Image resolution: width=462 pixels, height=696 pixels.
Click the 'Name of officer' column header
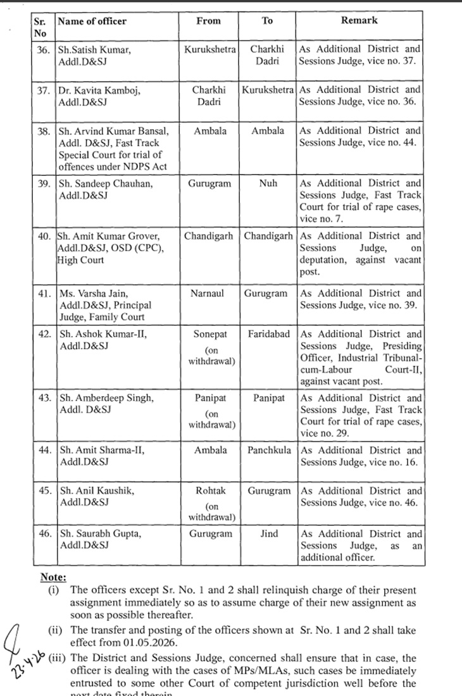point(92,21)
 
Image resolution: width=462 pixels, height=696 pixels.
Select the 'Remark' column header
point(359,20)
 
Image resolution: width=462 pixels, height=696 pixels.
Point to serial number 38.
point(44,131)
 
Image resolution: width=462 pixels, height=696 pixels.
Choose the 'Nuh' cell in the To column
point(268,183)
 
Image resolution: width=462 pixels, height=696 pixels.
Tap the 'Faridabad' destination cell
point(268,334)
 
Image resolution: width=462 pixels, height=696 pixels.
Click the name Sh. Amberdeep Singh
point(106,399)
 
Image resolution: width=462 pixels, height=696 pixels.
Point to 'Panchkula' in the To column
point(268,451)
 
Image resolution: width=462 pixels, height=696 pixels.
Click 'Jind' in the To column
point(268,534)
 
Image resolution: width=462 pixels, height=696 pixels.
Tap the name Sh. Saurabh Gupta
point(100,534)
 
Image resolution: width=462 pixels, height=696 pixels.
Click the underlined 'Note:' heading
point(53,577)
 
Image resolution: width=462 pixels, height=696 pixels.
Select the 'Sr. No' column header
point(41,27)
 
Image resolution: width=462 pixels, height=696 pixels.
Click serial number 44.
point(44,451)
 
